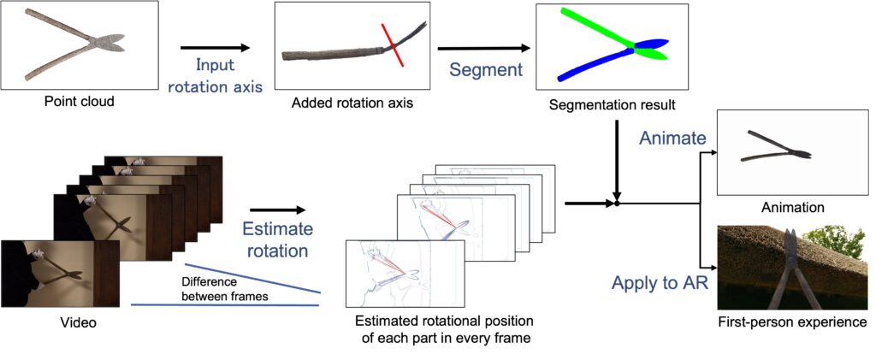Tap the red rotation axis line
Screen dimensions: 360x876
pos(394,45)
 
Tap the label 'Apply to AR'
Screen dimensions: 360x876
pos(660,282)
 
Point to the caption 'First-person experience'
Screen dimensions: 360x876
pos(793,322)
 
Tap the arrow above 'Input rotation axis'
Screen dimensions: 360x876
pos(215,49)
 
